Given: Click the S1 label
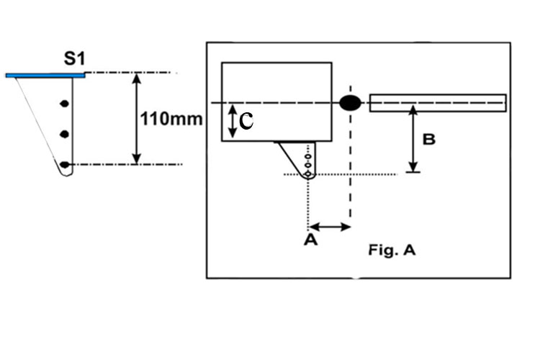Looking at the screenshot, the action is tap(74, 58).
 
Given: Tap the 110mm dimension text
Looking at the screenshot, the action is tap(171, 120).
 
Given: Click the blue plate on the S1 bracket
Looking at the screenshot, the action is tap(45, 76).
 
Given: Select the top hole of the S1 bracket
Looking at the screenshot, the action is tap(64, 104).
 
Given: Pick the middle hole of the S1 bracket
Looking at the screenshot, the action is tap(64, 134).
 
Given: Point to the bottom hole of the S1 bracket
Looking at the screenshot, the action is tap(64, 165).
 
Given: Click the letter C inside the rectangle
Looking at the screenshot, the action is tap(246, 121).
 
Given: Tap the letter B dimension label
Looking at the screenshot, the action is tap(429, 140).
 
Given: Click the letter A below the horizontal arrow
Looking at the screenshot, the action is tap(310, 240).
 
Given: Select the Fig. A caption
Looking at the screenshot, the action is tap(392, 250).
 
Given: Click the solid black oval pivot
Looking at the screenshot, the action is tap(350, 103).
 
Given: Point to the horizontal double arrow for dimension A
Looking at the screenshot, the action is tap(330, 227).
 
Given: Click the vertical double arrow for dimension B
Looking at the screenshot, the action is tap(413, 139).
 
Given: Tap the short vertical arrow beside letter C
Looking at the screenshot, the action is tap(233, 121).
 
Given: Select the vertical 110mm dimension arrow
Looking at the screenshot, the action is tap(137, 119).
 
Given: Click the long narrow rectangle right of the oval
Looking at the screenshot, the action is tap(438, 103).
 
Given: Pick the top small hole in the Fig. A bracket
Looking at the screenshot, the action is tap(308, 157).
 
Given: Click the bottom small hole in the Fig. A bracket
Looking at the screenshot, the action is tap(308, 174).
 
